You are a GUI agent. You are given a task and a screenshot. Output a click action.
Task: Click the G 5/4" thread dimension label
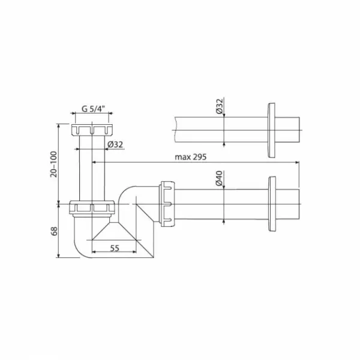coord(93,109)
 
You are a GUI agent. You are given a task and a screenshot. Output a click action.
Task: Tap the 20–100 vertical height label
coord(53,164)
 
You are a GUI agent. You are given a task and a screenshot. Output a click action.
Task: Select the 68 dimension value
coord(54,231)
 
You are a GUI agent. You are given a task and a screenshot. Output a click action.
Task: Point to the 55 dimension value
coord(115,248)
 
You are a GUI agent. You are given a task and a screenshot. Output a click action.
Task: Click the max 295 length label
coord(191,157)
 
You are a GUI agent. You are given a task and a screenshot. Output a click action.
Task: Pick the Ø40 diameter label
coord(219,178)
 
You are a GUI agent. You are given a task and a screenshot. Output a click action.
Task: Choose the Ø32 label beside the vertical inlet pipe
coord(115,145)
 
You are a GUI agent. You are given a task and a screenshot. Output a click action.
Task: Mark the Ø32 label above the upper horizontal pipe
coord(220,106)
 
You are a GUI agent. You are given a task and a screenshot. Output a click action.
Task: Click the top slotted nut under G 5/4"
coord(92,130)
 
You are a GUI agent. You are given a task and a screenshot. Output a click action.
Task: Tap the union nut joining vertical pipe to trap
coord(92,208)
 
